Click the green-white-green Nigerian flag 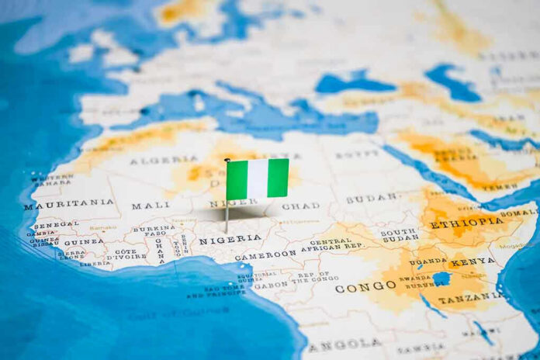(257, 178)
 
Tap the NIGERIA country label (230, 240)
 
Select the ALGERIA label (163, 160)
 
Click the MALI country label (150, 206)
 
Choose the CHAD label (300, 206)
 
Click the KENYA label (472, 262)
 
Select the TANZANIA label (469, 298)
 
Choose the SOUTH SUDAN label (399, 236)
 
